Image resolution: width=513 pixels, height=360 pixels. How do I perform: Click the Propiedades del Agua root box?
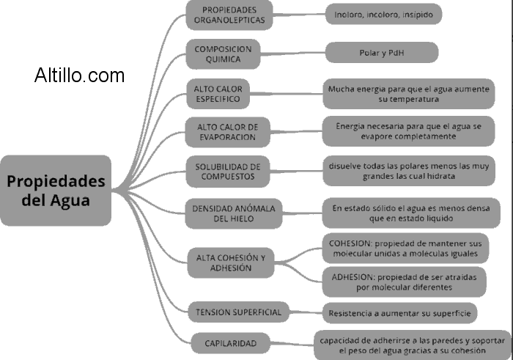[x=56, y=190]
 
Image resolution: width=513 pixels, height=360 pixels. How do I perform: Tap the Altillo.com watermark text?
[x=79, y=75]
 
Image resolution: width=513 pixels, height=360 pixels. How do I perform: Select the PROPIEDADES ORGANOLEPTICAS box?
[x=228, y=15]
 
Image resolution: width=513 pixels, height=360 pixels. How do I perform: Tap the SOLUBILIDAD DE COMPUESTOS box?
[x=228, y=172]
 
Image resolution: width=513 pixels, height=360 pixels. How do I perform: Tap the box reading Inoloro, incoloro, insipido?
[x=383, y=13]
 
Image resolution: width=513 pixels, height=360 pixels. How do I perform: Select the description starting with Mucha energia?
[x=408, y=93]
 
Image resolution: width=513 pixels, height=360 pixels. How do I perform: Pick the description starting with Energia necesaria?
[x=408, y=131]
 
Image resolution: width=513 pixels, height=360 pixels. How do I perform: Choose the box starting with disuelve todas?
[x=408, y=171]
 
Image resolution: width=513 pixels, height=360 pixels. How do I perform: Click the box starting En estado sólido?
[x=408, y=213]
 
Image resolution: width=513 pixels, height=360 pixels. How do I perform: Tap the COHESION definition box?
[x=404, y=247]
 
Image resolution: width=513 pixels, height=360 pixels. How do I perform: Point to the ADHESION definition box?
[x=404, y=282]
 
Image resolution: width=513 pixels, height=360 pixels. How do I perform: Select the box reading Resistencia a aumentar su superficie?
[x=400, y=312]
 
